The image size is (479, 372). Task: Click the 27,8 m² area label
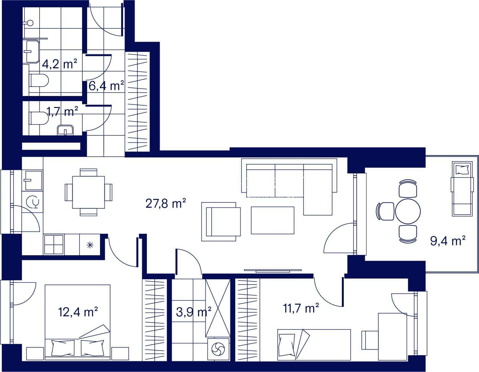coord(165,203)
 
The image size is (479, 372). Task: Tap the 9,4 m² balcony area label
coord(448,240)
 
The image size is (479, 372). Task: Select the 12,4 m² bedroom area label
coord(78,312)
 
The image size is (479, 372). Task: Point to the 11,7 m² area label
coord(301,308)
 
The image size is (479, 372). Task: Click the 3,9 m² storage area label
coord(193,312)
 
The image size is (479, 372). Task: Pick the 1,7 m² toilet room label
coord(62,111)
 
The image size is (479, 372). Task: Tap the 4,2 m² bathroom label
coord(59,64)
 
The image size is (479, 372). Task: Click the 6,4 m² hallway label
coord(106,86)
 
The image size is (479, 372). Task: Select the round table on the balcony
coord(408,211)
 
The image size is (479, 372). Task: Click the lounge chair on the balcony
coord(462,189)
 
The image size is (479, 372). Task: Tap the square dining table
coord(88,192)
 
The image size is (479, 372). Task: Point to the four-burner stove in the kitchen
coord(54,245)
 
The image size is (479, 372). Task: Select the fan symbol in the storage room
coord(218,349)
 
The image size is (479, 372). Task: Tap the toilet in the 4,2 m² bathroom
coord(39,80)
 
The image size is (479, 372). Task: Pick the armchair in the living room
coord(221,222)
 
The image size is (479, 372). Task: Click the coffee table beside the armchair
coord(272,220)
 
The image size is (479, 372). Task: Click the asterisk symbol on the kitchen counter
coord(90,245)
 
